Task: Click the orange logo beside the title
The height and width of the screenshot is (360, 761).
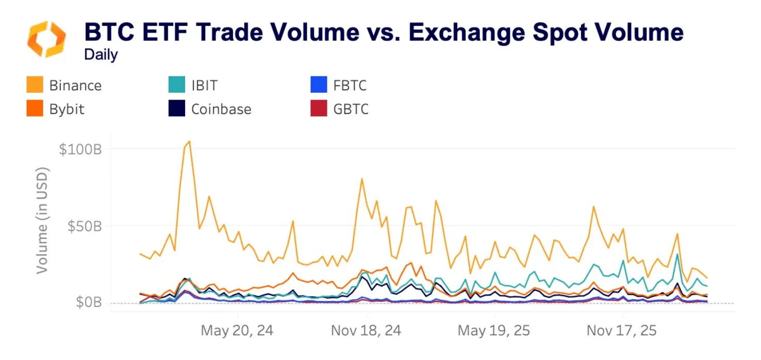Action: (46, 39)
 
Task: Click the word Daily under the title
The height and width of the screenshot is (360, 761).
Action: (101, 55)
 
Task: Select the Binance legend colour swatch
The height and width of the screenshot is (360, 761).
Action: (35, 85)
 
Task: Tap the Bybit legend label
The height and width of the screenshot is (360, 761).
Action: (67, 109)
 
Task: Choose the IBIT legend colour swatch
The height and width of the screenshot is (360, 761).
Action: (177, 85)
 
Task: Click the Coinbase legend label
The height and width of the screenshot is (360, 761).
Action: (221, 109)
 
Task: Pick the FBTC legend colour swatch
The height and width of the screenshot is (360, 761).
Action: (319, 85)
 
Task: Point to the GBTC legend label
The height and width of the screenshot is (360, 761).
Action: (351, 109)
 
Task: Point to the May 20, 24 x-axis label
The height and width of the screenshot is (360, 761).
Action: (237, 331)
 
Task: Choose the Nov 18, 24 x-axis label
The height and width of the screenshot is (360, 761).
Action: (366, 331)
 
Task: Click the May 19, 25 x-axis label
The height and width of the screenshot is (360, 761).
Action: (494, 331)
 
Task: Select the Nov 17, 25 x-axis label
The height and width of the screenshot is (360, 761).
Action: (622, 331)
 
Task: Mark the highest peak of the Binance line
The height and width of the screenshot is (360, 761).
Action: (189, 141)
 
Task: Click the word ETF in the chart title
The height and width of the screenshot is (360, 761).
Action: (170, 32)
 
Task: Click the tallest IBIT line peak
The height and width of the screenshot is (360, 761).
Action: (677, 254)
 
